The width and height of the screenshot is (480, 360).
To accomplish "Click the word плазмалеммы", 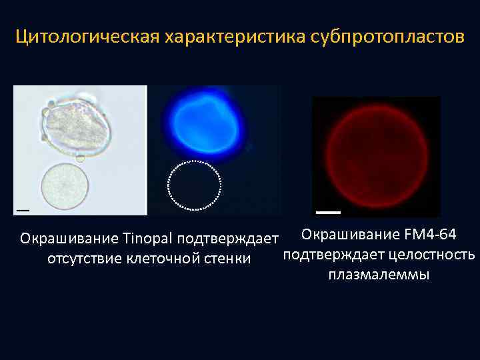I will tap(379, 275).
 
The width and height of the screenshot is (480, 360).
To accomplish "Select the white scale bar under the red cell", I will tap(327, 212).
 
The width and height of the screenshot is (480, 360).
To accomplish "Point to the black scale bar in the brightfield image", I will tap(23, 209).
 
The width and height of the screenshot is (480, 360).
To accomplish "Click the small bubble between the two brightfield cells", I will tap(80, 158).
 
